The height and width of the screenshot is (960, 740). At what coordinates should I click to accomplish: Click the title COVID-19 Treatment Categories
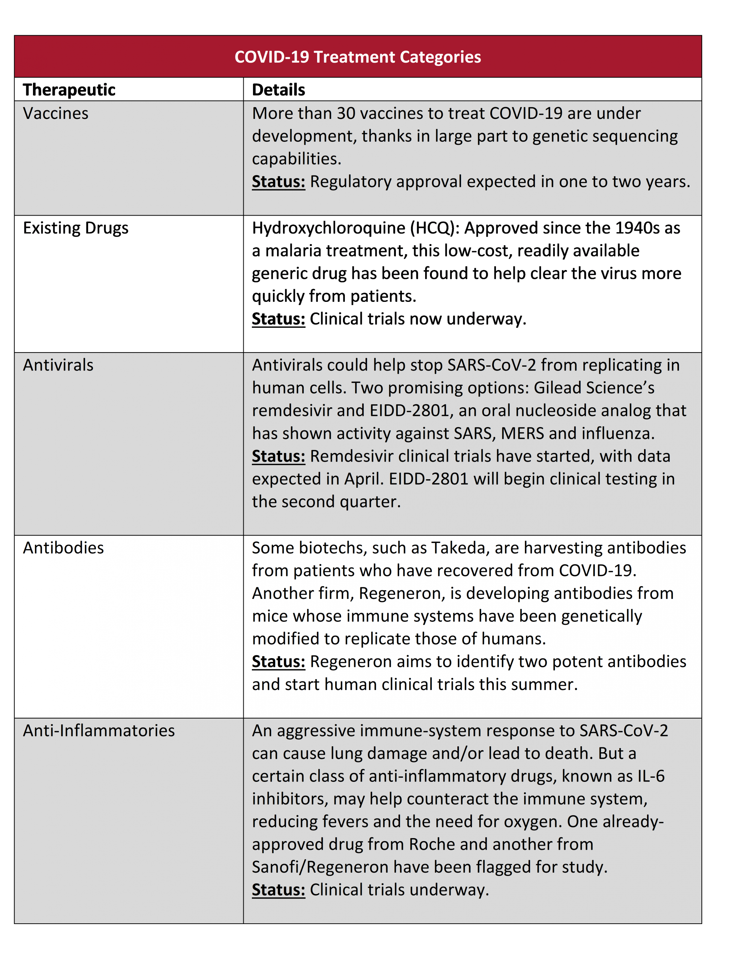click(x=358, y=57)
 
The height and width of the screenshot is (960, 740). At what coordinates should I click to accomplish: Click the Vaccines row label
click(x=56, y=113)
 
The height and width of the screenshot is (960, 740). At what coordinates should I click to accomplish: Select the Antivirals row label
click(x=58, y=365)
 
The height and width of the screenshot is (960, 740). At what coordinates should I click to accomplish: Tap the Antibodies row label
click(x=63, y=548)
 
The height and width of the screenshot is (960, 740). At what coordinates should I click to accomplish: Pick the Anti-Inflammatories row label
click(x=99, y=730)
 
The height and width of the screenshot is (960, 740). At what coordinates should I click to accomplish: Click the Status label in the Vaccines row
click(x=278, y=181)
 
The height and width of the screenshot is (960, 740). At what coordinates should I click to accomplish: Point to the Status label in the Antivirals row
click(x=278, y=456)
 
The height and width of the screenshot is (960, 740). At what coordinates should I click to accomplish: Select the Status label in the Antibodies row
click(x=278, y=661)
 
